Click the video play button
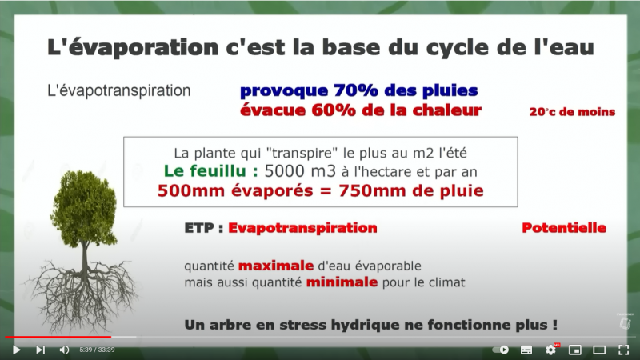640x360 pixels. [x=17, y=350]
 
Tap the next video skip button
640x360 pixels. [x=40, y=350]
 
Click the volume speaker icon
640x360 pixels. [x=64, y=350]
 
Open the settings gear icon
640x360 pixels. [x=550, y=350]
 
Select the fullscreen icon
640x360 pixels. [x=623, y=350]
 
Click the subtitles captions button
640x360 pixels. [x=526, y=350]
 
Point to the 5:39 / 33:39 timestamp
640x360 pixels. [x=97, y=350]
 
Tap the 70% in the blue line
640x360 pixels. [x=356, y=90]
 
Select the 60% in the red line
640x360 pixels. [x=334, y=110]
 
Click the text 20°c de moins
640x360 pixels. [x=572, y=112]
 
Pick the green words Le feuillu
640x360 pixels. [x=211, y=171]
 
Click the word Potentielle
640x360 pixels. [x=564, y=228]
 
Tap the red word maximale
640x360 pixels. [x=276, y=266]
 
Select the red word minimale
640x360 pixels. [x=342, y=282]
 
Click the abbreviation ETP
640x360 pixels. [x=199, y=228]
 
